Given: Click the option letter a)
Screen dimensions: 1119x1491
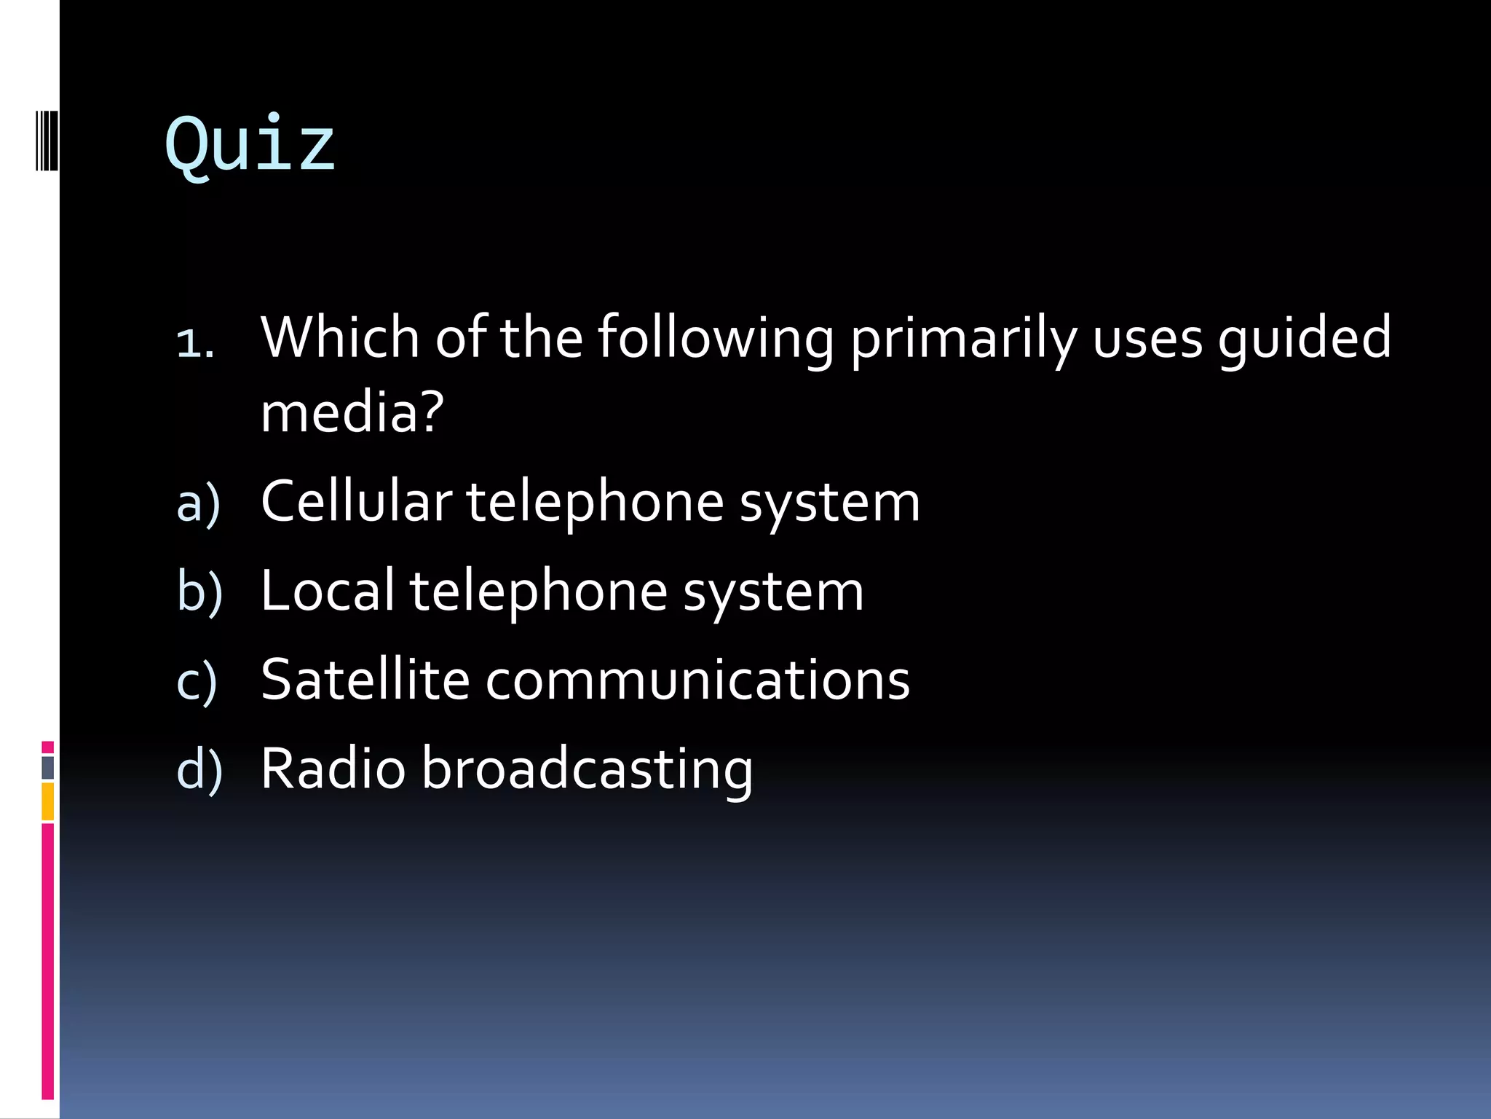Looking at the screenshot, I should coord(198,503).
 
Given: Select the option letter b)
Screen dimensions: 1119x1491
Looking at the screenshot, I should coord(199,592).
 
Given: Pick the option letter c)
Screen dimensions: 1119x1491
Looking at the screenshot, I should coord(197,681).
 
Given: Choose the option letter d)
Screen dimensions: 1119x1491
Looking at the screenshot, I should coord(199,770).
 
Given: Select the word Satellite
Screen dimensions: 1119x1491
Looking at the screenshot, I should coord(365,679).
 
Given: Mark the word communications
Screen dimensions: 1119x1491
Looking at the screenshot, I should coord(697,679).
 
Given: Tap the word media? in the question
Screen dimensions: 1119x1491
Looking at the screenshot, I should coord(352,412).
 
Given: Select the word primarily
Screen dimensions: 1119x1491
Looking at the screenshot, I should coord(962,339).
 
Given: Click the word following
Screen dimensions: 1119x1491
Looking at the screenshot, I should coord(715,339).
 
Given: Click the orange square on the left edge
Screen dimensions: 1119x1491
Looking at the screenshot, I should coord(47,801).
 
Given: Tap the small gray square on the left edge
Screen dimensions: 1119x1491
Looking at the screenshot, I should coord(47,768).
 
